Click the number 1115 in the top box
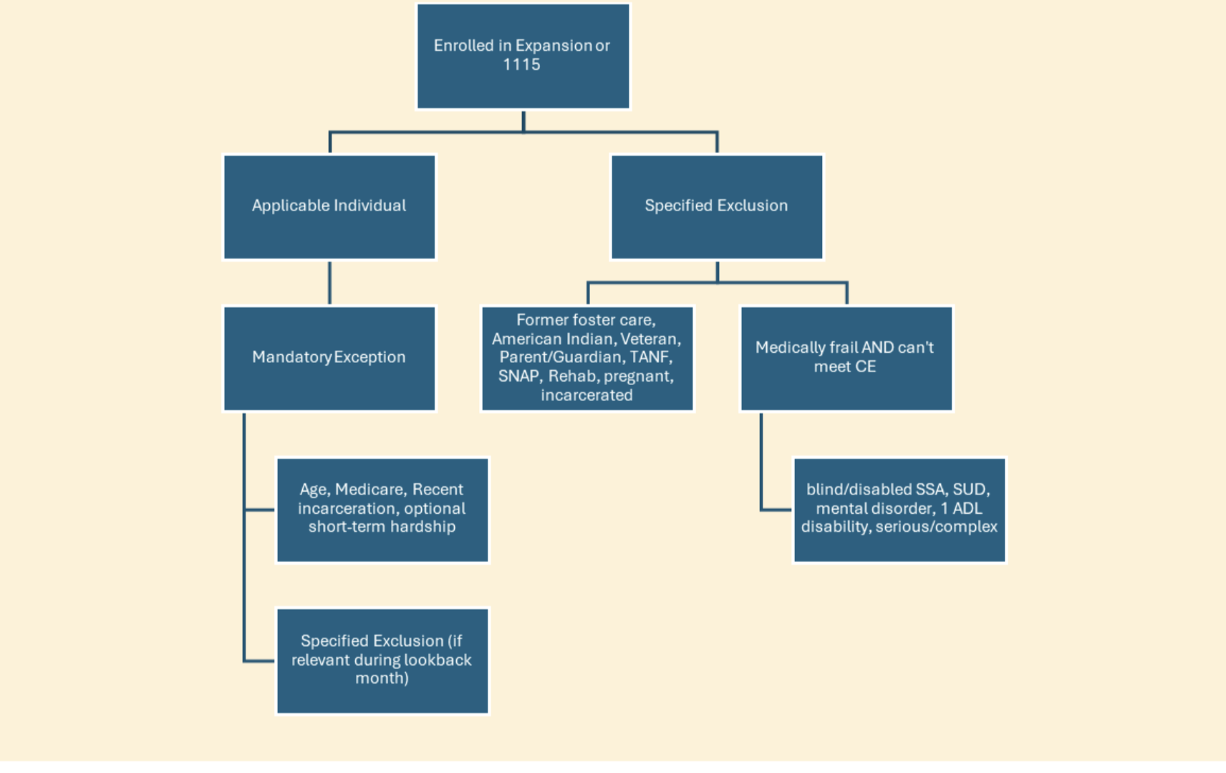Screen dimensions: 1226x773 (521, 64)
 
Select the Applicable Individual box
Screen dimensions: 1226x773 (329, 207)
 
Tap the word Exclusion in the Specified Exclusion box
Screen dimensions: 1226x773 (753, 205)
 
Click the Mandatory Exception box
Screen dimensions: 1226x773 (329, 359)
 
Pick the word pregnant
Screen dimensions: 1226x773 (638, 376)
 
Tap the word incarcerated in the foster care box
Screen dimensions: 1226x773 (587, 395)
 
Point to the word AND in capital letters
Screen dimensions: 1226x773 (877, 347)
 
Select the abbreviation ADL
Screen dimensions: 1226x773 (967, 508)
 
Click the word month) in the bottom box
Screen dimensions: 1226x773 (382, 679)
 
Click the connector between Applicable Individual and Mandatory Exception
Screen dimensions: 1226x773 (329, 283)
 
